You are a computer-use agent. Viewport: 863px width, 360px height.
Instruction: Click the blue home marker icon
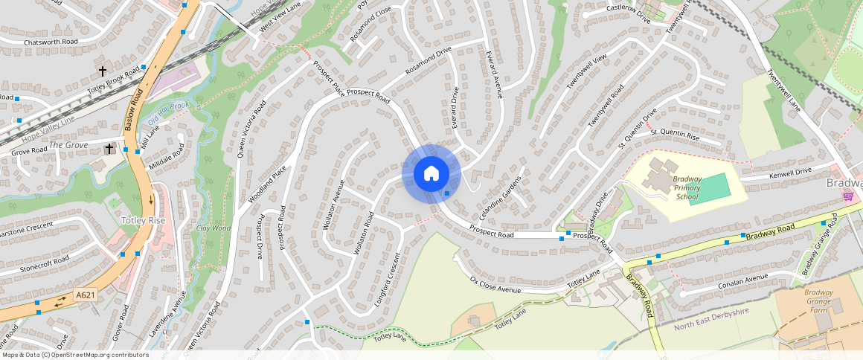tap(431, 174)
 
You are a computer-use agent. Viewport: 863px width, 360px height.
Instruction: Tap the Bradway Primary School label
tap(687, 187)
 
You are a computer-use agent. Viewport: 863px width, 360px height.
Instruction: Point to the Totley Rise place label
tap(143, 221)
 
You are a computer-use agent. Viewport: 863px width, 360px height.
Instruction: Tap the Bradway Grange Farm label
tap(818, 300)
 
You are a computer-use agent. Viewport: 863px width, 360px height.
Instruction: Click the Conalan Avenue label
tap(743, 281)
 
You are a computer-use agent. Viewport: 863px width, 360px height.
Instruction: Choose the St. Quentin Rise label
tap(675, 136)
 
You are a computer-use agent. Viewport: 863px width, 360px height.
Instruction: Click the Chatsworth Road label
tap(51, 42)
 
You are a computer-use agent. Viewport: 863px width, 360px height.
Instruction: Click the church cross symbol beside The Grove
tap(109, 149)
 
